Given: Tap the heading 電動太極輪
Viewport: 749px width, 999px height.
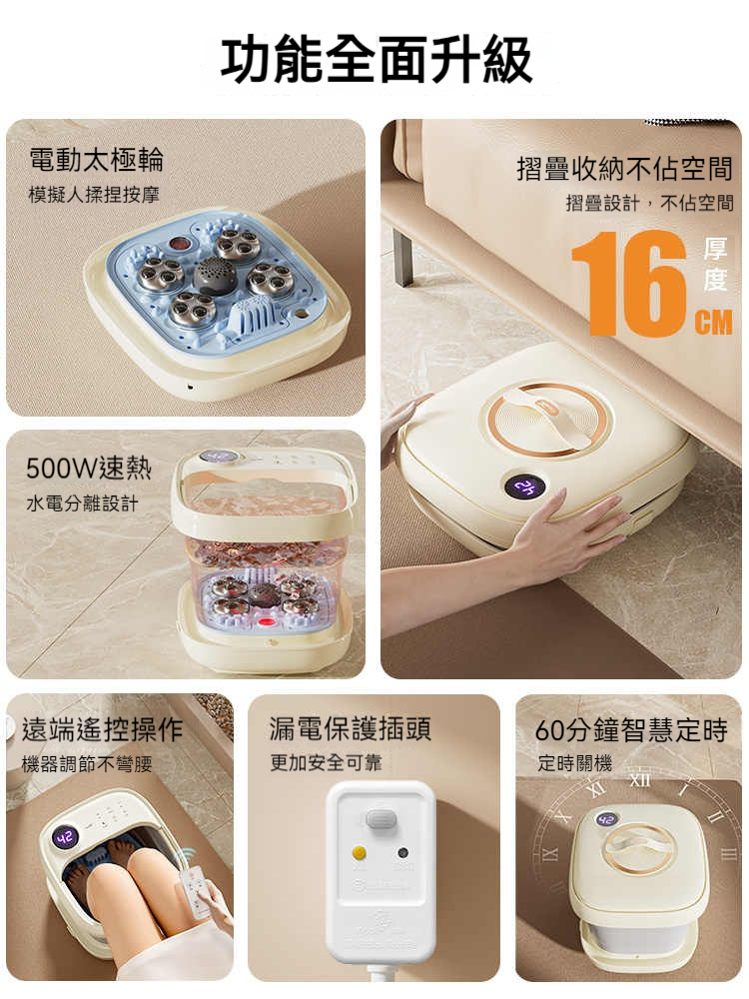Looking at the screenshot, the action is click(x=96, y=159).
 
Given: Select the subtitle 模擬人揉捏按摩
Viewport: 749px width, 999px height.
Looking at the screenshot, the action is click(x=94, y=195).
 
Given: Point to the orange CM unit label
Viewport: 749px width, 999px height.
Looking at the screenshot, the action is click(x=713, y=322).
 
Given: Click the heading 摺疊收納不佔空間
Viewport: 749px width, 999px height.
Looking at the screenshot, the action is click(x=625, y=169).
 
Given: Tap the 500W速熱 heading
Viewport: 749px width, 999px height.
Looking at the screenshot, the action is click(x=89, y=469).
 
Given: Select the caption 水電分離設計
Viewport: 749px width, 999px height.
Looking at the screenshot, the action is click(x=82, y=503).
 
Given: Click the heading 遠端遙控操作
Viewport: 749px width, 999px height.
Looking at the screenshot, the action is click(x=103, y=729).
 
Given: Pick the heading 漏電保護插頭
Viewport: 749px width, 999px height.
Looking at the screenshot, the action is click(x=351, y=729).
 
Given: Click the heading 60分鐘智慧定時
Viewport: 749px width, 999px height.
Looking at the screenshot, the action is click(x=631, y=729).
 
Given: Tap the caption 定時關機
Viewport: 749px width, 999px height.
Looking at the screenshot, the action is click(x=574, y=762).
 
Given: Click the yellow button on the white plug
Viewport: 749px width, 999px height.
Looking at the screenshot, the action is click(x=360, y=852).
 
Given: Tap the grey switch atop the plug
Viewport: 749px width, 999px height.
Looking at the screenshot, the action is click(x=379, y=819).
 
